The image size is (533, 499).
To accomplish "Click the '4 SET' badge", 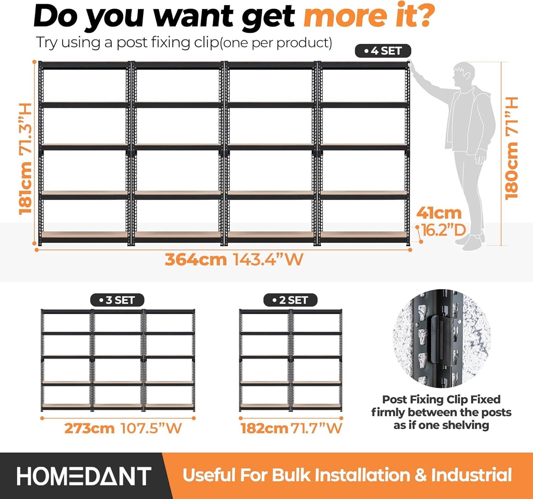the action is [x=383, y=51].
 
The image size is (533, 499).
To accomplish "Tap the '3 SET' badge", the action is [x=117, y=300].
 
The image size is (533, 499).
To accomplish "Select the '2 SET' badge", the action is [x=290, y=300].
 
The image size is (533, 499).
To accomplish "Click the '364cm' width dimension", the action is [x=196, y=259].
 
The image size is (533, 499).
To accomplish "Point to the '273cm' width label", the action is [x=90, y=428].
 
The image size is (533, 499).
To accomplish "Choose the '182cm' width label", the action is [x=264, y=428].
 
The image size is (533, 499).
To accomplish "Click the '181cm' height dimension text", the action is [x=26, y=188].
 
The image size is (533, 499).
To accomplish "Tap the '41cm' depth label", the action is [x=439, y=213].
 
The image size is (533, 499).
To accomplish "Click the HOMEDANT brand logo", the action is [x=84, y=476].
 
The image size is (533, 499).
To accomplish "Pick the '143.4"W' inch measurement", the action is [x=268, y=259].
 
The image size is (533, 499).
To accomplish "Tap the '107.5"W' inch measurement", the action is [x=151, y=428].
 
